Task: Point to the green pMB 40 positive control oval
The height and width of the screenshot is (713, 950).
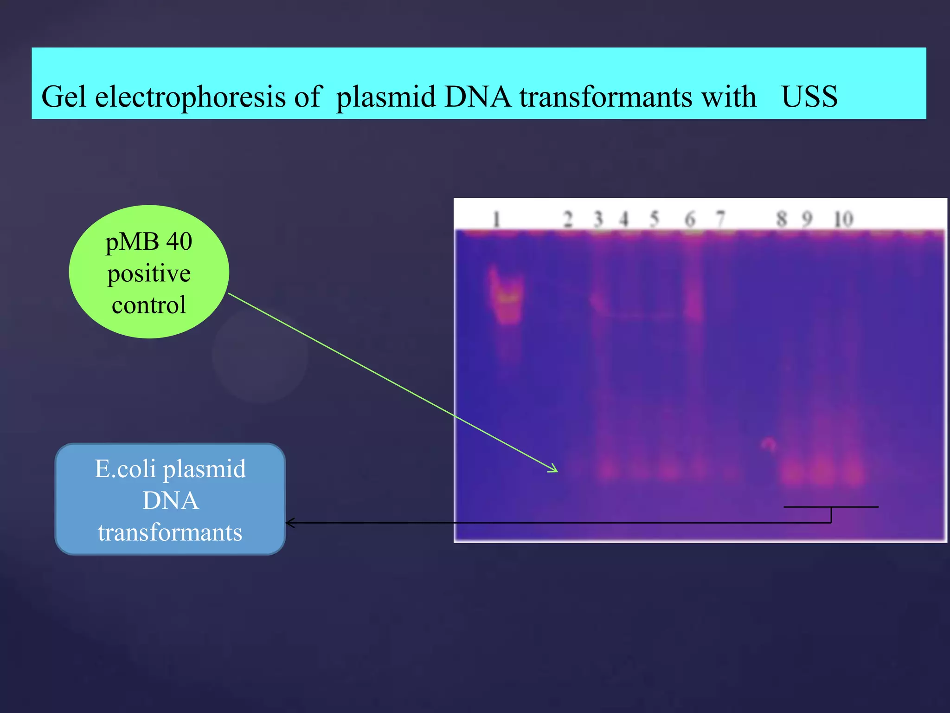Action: pyautogui.click(x=148, y=272)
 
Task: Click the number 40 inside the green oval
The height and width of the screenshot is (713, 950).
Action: pyautogui.click(x=179, y=241)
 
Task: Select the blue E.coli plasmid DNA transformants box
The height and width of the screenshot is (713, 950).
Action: pyautogui.click(x=170, y=499)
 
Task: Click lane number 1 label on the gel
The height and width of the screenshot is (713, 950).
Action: pyautogui.click(x=496, y=219)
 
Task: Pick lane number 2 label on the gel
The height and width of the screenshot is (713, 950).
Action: pyautogui.click(x=568, y=219)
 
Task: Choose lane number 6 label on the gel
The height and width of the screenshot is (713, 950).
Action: pyautogui.click(x=690, y=219)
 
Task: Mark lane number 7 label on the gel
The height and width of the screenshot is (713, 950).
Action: pyautogui.click(x=720, y=218)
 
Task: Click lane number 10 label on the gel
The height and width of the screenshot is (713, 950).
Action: pyautogui.click(x=843, y=219)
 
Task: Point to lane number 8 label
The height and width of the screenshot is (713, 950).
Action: pyautogui.click(x=782, y=219)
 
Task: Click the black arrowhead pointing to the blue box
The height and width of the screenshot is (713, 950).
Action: pyautogui.click(x=289, y=523)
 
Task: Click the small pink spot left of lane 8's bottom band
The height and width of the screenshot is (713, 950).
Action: pyautogui.click(x=768, y=443)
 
